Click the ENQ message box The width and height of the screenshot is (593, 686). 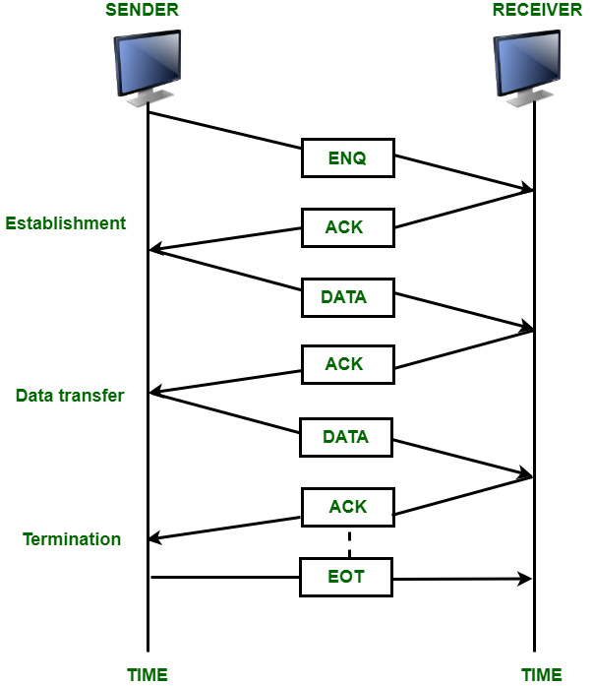click(347, 157)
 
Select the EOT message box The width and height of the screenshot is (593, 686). click(347, 577)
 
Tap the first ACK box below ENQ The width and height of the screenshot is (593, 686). click(347, 227)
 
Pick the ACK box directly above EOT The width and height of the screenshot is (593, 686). click(347, 507)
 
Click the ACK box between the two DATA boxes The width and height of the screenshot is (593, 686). click(347, 364)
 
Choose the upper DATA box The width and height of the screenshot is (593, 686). click(347, 296)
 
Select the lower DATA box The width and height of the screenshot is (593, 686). click(347, 436)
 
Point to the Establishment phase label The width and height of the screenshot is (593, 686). click(66, 223)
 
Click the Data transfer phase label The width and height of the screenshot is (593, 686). click(70, 396)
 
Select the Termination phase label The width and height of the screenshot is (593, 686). click(72, 539)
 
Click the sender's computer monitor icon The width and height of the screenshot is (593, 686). click(148, 67)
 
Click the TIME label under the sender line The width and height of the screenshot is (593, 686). click(148, 675)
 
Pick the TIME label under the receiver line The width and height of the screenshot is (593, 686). click(542, 675)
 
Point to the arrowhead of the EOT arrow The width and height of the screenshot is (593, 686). click(526, 579)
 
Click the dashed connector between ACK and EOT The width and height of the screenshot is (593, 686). click(348, 543)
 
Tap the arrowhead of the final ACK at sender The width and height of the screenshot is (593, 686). click(155, 538)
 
